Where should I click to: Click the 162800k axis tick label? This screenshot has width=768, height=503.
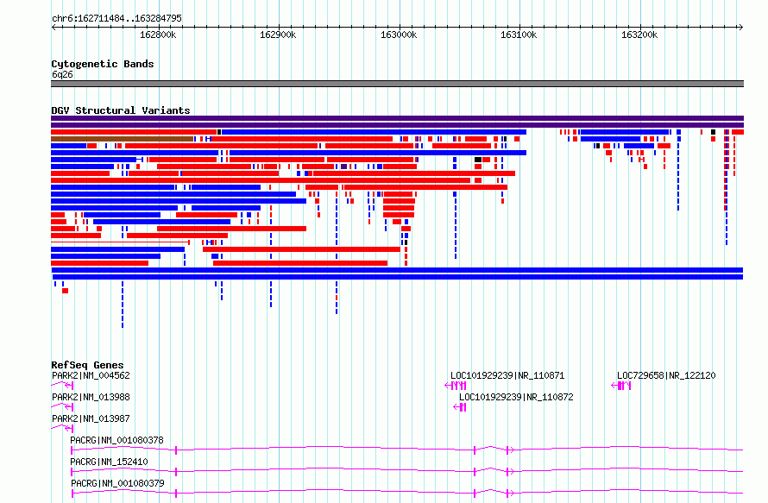(x=158, y=35)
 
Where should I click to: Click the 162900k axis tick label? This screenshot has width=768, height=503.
(x=278, y=35)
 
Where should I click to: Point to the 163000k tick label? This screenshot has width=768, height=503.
(x=399, y=35)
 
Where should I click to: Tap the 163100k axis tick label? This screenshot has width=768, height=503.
(x=519, y=35)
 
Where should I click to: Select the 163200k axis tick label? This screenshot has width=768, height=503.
(x=639, y=35)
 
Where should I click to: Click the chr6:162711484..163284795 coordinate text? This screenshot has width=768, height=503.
(x=116, y=19)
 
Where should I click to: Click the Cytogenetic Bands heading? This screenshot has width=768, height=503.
(x=103, y=64)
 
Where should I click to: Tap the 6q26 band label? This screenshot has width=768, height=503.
(x=62, y=74)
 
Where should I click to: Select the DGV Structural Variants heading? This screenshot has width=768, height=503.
(x=121, y=110)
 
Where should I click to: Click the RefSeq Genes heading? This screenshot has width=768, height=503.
(x=87, y=365)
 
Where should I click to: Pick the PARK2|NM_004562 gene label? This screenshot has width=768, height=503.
(x=91, y=375)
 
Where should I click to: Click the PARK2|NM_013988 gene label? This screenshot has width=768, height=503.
(x=91, y=397)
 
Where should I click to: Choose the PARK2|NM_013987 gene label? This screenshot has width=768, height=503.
(x=91, y=418)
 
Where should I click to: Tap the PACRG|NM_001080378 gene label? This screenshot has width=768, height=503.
(x=116, y=440)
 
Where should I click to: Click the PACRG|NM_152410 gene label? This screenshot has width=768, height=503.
(x=109, y=462)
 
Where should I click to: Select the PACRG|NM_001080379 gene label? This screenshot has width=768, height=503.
(x=117, y=483)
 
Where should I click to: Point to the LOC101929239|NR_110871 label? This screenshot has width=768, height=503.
(x=507, y=375)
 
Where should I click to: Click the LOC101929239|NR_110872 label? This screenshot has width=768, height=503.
(x=516, y=397)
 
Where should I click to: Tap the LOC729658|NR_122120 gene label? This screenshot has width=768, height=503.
(x=666, y=375)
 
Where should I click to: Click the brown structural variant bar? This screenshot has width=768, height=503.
(x=122, y=139)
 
